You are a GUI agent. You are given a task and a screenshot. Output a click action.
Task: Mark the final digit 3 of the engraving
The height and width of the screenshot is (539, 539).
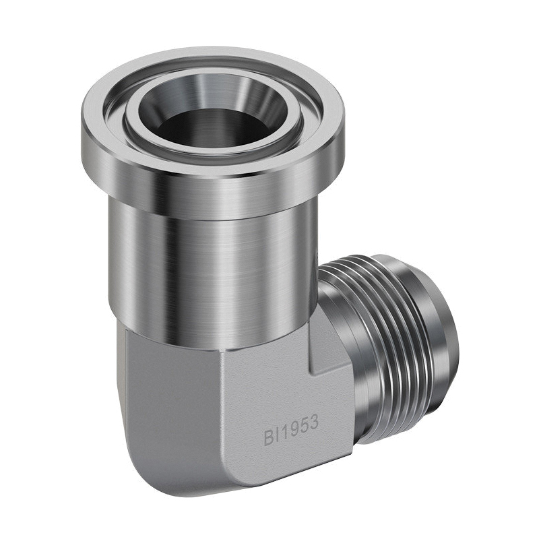click(x=313, y=424)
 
